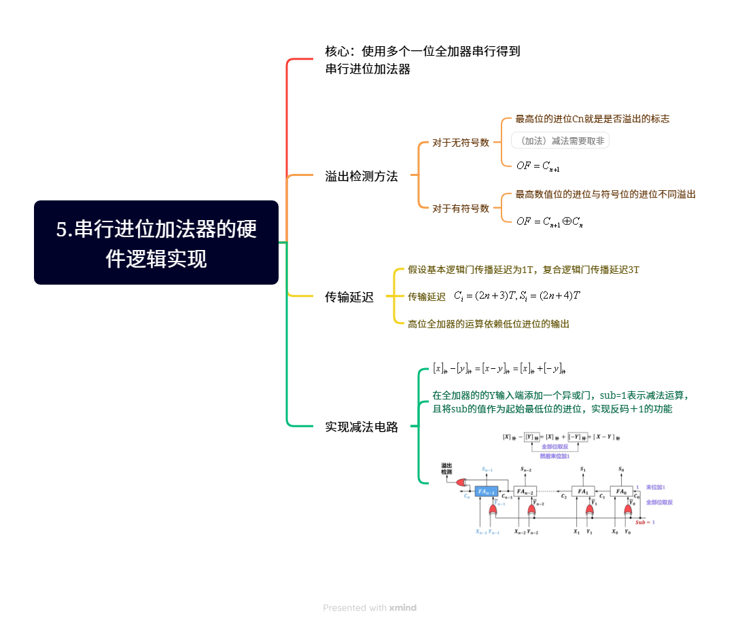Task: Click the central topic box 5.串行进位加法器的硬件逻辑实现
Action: [156, 243]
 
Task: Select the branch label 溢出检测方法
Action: [361, 177]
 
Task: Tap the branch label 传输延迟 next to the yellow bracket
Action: [349, 297]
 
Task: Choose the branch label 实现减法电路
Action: [361, 427]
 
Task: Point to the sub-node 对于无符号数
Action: [461, 143]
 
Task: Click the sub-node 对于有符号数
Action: [461, 209]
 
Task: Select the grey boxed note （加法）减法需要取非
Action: [560, 141]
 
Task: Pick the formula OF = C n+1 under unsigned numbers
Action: [538, 165]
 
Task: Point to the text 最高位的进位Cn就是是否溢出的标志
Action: [593, 119]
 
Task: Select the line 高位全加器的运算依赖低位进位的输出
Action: [489, 324]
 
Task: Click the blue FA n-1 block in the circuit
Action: [487, 490]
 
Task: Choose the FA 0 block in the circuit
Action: [620, 490]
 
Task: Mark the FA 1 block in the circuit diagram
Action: [582, 490]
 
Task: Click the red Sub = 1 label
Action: [645, 522]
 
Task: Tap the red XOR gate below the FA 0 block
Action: [627, 510]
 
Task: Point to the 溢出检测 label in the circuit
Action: [446, 468]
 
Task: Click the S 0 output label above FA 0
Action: [620, 469]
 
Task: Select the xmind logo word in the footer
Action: [403, 607]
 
